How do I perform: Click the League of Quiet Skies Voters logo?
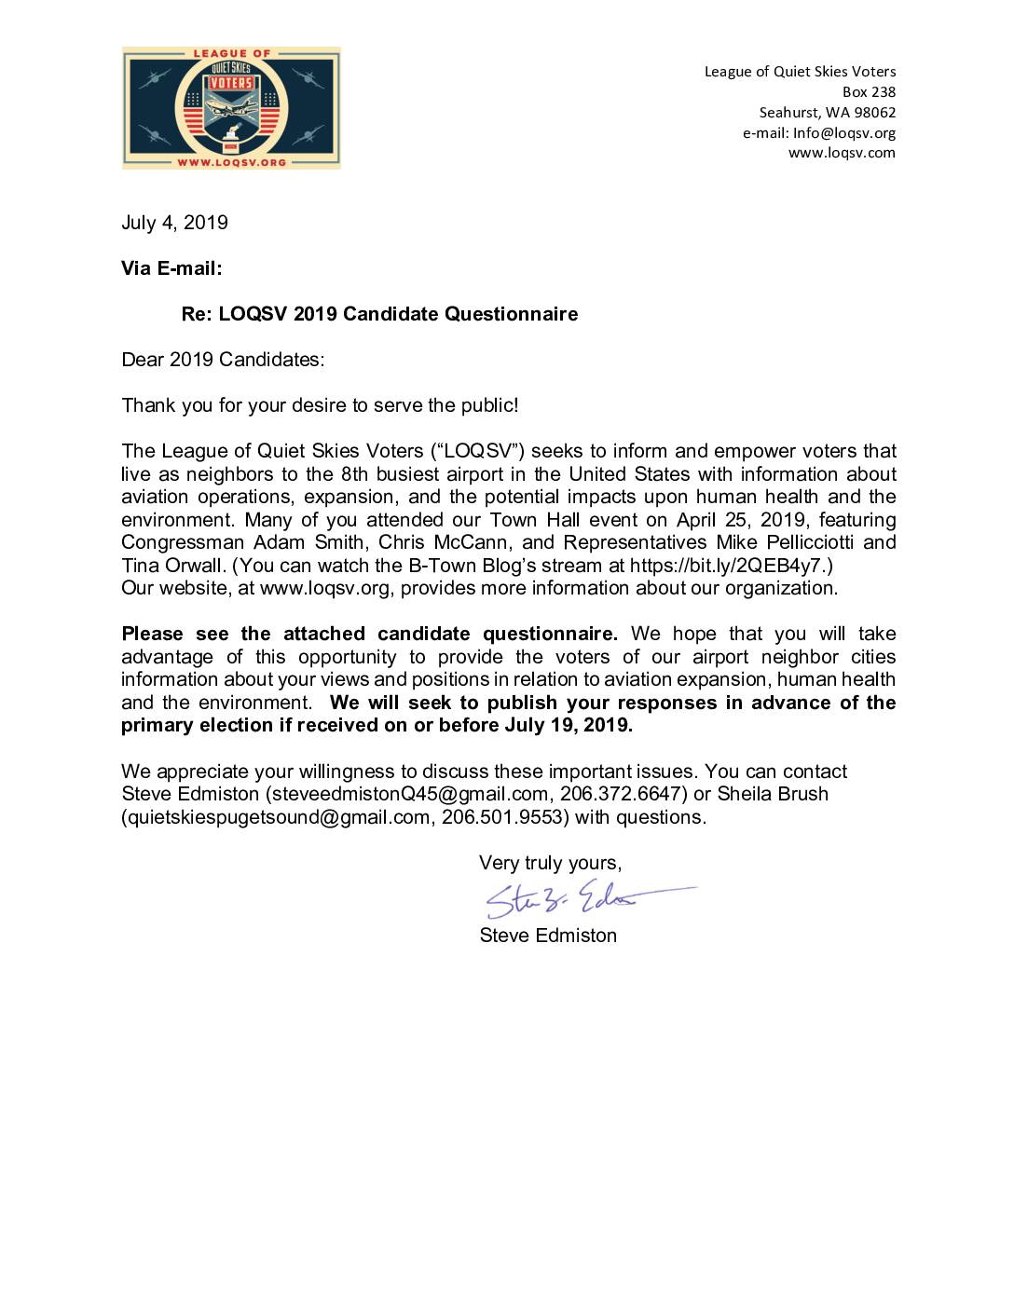tap(231, 108)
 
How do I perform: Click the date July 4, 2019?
tap(174, 223)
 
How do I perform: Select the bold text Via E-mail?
tap(171, 268)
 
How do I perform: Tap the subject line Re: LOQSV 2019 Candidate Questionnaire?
tap(379, 314)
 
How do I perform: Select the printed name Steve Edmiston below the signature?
tap(548, 936)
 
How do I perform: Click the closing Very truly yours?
tap(550, 863)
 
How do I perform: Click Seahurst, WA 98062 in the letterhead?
tap(827, 113)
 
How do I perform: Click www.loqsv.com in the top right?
tap(842, 154)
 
